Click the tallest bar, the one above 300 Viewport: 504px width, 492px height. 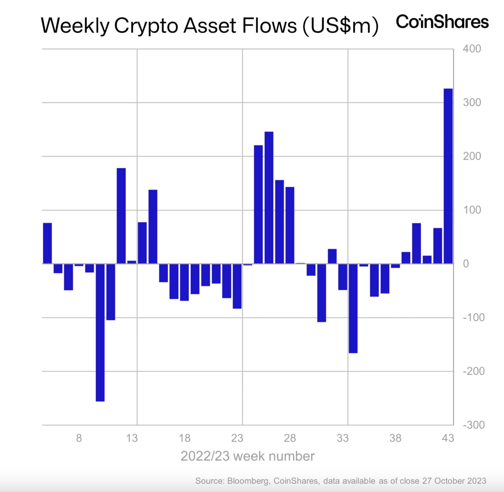[448, 176]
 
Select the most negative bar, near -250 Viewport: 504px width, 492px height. [100, 332]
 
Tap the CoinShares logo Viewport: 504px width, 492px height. [442, 22]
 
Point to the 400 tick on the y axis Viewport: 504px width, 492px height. [472, 49]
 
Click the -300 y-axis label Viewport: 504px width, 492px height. [474, 425]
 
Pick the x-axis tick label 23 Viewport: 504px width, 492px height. [237, 438]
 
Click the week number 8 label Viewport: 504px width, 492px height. [79, 438]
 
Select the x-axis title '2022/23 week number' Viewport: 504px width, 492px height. [247, 456]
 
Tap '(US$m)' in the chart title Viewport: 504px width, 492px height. [340, 26]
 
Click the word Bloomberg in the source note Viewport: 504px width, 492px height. [248, 481]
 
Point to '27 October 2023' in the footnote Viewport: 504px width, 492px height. [454, 481]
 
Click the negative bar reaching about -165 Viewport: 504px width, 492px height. [353, 308]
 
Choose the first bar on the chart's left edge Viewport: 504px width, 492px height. [47, 243]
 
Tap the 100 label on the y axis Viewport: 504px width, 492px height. [472, 210]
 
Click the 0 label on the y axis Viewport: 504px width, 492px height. [466, 264]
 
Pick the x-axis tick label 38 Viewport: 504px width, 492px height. [395, 438]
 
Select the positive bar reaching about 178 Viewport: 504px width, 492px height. [121, 216]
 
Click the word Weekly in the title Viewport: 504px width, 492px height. [75, 26]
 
